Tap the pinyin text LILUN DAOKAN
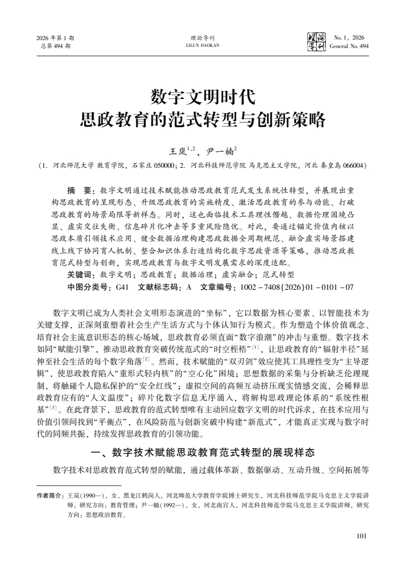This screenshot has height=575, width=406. (203, 46)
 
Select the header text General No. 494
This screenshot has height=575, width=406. (350, 46)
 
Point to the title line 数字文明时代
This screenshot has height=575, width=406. (203, 97)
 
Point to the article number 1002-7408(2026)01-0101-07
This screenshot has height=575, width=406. (297, 287)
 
